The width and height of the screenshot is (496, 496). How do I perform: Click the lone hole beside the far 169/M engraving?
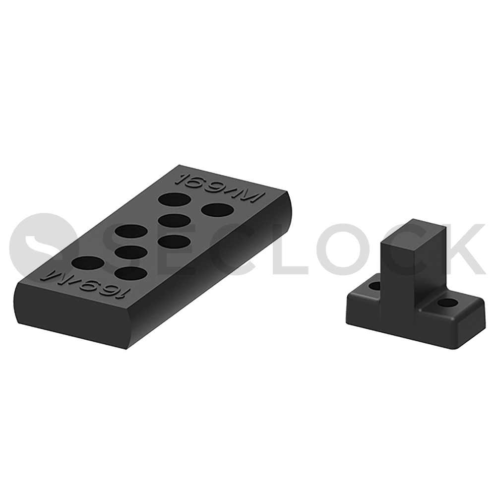pyautogui.click(x=218, y=210)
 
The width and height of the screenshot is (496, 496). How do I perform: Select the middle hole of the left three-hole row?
pyautogui.click(x=131, y=252)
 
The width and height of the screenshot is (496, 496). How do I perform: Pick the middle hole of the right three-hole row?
pyautogui.click(x=175, y=221)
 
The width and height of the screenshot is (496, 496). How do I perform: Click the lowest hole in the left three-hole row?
pyautogui.click(x=131, y=274)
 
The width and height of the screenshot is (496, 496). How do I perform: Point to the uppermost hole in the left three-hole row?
pyautogui.click(x=131, y=231)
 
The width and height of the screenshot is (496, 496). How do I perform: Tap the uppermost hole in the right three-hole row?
pyautogui.click(x=175, y=199)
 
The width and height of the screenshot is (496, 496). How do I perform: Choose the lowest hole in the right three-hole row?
pyautogui.click(x=175, y=242)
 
